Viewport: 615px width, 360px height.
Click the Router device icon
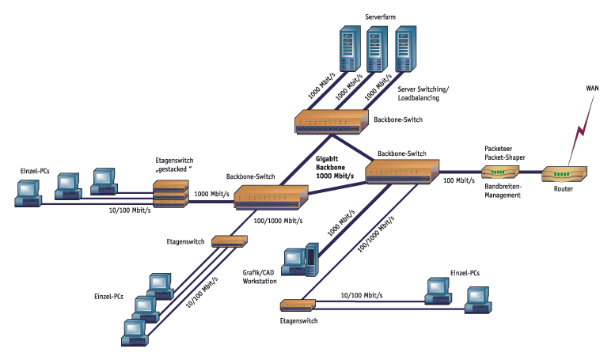click(564, 174)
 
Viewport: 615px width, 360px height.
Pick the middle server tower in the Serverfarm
click(377, 50)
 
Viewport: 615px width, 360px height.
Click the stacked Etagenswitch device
click(172, 193)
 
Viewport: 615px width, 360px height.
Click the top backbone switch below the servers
click(332, 121)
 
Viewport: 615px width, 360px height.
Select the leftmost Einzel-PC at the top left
click(29, 192)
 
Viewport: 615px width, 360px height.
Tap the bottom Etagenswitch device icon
click(299, 304)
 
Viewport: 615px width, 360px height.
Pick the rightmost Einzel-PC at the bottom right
click(477, 298)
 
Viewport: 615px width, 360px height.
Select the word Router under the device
click(563, 189)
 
